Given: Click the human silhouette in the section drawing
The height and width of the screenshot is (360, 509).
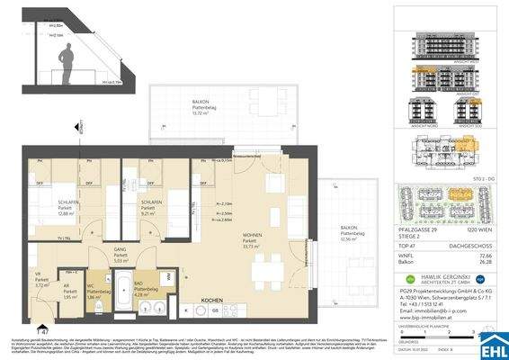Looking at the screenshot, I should tap(66, 65).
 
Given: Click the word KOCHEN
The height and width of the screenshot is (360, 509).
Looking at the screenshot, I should tap(212, 300).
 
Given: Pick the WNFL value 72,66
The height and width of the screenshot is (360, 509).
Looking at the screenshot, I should tap(490, 256).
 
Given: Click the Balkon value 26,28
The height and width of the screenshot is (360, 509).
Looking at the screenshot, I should tap(490, 264).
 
